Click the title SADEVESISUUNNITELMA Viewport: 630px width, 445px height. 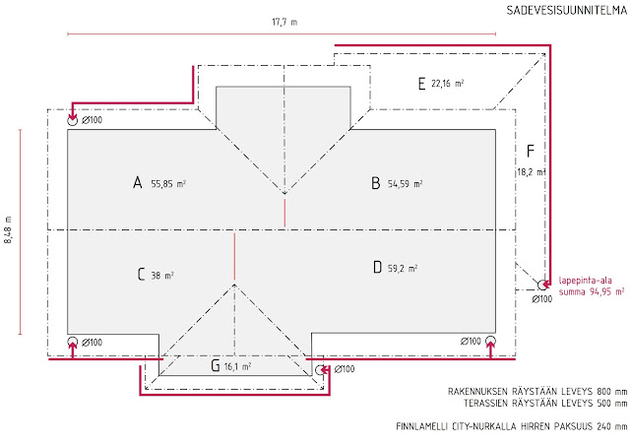pyautogui.click(x=567, y=11)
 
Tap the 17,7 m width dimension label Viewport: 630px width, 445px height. pyautogui.click(x=284, y=22)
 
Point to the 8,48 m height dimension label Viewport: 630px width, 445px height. pyautogui.click(x=8, y=230)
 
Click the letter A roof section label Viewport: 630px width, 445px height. pyautogui.click(x=138, y=182)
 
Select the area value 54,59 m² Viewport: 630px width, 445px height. pyautogui.click(x=405, y=184)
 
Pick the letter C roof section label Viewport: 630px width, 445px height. pyautogui.click(x=141, y=274)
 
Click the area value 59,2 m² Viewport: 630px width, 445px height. pyautogui.click(x=403, y=268)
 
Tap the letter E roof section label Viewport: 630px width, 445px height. pyautogui.click(x=421, y=84)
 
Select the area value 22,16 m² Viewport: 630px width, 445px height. pyautogui.click(x=448, y=84)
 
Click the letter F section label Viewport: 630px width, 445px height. pyautogui.click(x=531, y=152)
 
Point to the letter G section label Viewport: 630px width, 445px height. pyautogui.click(x=216, y=365)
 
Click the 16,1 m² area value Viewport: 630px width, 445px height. pyautogui.click(x=237, y=366)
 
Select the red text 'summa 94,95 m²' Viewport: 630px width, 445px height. pyautogui.click(x=592, y=291)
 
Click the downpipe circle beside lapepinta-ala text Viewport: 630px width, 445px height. pyautogui.click(x=542, y=285)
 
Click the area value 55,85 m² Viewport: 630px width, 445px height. pyautogui.click(x=168, y=184)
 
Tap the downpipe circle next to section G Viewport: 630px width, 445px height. pyautogui.click(x=320, y=370)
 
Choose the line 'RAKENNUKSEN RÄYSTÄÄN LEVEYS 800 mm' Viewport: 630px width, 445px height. pyautogui.click(x=537, y=391)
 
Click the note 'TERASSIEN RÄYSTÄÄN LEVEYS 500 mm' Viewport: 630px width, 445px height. pyautogui.click(x=545, y=403)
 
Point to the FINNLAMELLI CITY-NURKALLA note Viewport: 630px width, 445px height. pyautogui.click(x=512, y=426)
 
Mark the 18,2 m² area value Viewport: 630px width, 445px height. pyautogui.click(x=532, y=172)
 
